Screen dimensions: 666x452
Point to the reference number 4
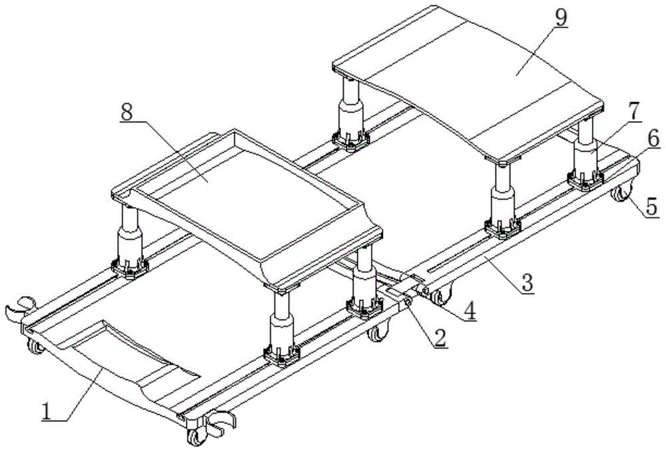coord(471,312)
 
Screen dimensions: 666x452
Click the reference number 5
coord(651,206)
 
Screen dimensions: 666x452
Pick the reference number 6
coord(653,138)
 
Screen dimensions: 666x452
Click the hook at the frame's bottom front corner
coord(220,423)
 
